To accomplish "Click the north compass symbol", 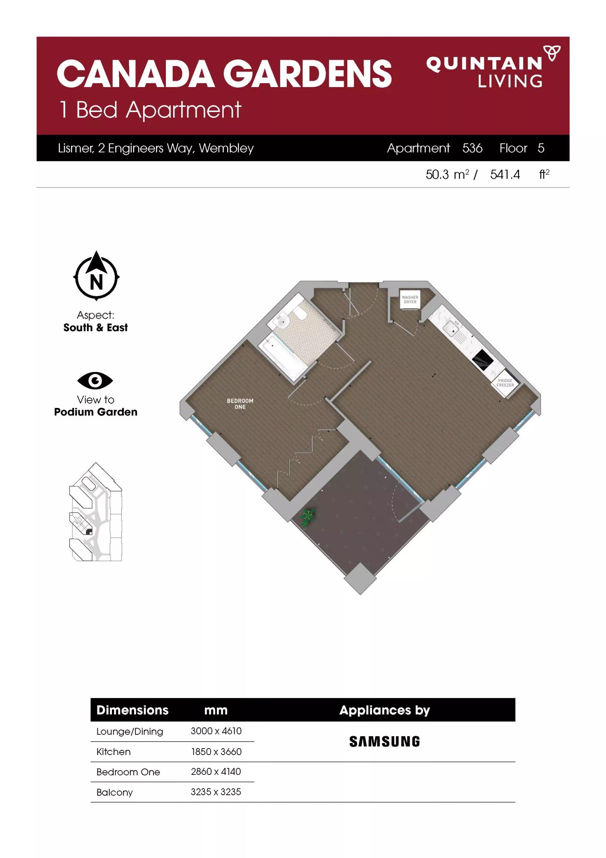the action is pos(96,276).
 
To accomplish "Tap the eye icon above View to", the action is pos(95,381).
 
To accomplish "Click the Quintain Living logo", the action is pos(493,66).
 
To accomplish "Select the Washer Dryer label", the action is pos(410,299).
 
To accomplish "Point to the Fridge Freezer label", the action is pos(505,383).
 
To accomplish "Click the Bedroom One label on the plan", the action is pos(240,404).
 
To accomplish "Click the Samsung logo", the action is pos(384,742).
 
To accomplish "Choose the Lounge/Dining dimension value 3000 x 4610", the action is pos(216,731).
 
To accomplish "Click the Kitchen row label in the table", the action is pos(114,752).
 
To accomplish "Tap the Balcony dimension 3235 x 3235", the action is pos(216,792).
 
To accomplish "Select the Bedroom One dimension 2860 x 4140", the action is pos(216,772).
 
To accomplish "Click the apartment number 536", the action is pos(472,148).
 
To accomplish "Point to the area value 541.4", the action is pos(505,175).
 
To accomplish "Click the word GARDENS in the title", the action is pos(308,73).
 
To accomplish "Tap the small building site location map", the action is pos(96,512).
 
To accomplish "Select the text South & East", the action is pos(96,328).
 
